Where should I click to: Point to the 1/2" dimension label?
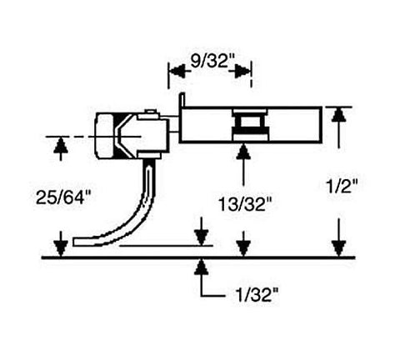[343, 189]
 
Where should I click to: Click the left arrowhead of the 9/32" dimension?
[174, 72]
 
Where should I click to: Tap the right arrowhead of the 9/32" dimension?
[246, 72]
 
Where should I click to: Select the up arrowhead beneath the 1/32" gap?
[200, 266]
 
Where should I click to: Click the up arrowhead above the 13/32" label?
[243, 152]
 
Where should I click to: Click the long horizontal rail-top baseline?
[200, 257]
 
